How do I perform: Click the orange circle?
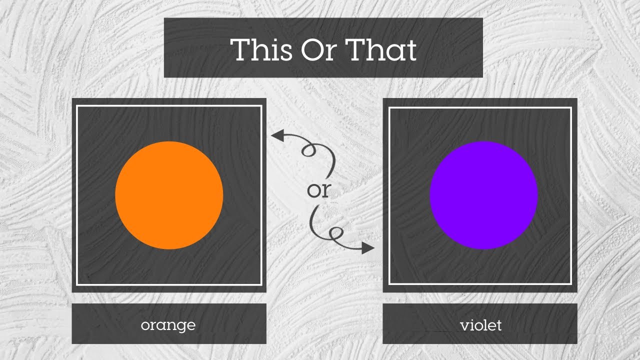tap(169, 195)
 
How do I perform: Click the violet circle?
tap(483, 195)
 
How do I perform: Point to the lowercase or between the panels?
tap(319, 190)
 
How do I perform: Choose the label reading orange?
tap(168, 325)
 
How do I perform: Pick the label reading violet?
tap(480, 325)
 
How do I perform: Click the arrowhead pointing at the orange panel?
tap(276, 134)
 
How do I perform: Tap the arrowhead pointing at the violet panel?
tap(368, 247)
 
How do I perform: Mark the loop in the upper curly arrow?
tap(308, 149)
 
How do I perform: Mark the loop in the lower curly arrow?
tap(334, 233)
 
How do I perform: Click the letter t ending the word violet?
tap(498, 325)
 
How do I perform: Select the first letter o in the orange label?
tap(145, 325)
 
